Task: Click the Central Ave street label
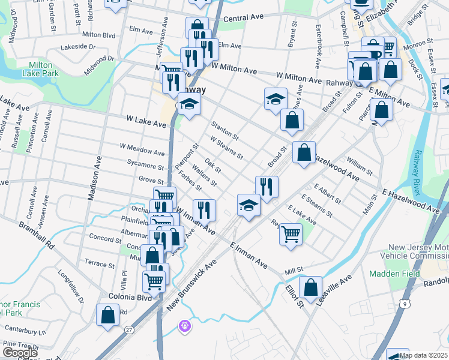pyautogui.click(x=244, y=19)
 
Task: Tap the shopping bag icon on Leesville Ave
pyautogui.click(x=310, y=287)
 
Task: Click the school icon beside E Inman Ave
pyautogui.click(x=249, y=206)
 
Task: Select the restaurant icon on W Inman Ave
pyautogui.click(x=204, y=209)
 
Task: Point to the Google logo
pyautogui.click(x=20, y=353)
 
